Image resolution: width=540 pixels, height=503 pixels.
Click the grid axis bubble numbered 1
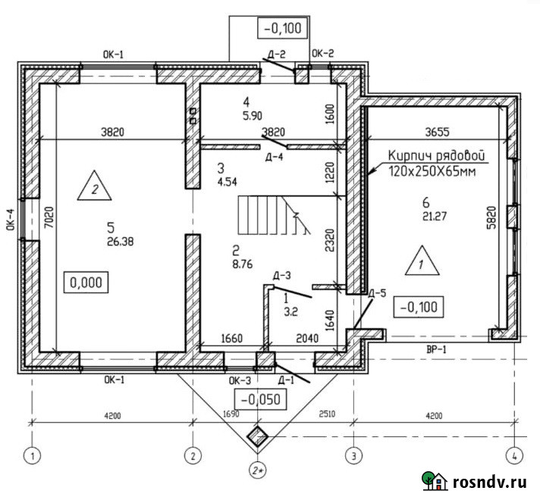click(32, 456)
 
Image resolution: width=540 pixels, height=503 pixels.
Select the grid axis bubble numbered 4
click(514, 456)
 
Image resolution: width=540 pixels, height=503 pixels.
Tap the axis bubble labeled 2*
click(258, 470)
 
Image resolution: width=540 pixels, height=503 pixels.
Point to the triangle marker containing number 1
click(422, 261)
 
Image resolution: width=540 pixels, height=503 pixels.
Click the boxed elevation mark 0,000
click(86, 283)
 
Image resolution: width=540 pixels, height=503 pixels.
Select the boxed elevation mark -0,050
click(260, 399)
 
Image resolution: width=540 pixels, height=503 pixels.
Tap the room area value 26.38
click(120, 242)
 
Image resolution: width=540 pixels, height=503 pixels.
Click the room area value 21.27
click(435, 217)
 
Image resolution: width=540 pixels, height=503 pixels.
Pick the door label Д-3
click(281, 275)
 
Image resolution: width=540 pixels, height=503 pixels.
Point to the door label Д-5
click(377, 293)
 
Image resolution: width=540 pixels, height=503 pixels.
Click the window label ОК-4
click(11, 219)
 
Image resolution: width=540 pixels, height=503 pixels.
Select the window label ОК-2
click(322, 53)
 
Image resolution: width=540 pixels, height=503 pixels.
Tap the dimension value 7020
click(49, 217)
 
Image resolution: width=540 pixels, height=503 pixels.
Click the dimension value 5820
click(491, 217)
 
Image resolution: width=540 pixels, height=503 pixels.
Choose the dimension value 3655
click(438, 132)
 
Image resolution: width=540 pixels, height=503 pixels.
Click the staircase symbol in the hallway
click(274, 215)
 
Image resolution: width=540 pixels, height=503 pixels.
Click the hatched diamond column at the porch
click(258, 436)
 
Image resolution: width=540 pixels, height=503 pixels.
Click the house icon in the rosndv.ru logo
click(435, 480)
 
